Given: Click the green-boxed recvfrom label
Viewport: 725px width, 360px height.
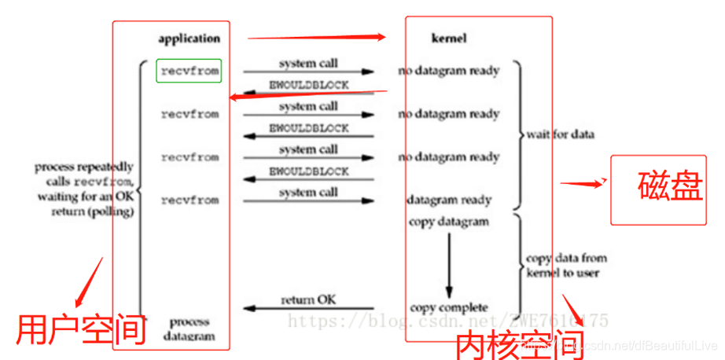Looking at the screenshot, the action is [189, 71].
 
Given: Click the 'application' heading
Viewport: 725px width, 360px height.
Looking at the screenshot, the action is [189, 38].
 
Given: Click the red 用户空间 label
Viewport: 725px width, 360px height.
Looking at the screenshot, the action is [82, 329].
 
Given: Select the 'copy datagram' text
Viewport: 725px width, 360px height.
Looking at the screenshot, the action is [448, 221].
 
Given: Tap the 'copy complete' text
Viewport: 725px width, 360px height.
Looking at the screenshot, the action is [448, 307].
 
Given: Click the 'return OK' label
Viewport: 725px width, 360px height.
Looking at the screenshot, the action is [308, 299].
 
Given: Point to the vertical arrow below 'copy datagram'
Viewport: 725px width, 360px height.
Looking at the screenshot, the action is [449, 263].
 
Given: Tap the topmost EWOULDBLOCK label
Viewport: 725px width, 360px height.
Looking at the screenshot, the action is [309, 84].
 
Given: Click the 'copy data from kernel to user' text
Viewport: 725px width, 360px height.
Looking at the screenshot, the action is [566, 265].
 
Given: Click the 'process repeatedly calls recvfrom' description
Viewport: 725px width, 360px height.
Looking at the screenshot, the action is [84, 189].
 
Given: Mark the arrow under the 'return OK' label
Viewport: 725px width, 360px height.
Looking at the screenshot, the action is [308, 308].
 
